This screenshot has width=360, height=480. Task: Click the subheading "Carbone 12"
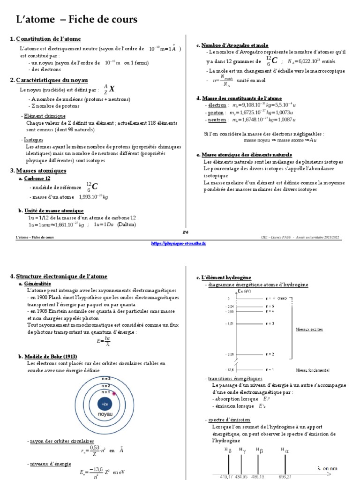click(37, 179)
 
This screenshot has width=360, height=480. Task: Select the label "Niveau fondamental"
click(313, 370)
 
